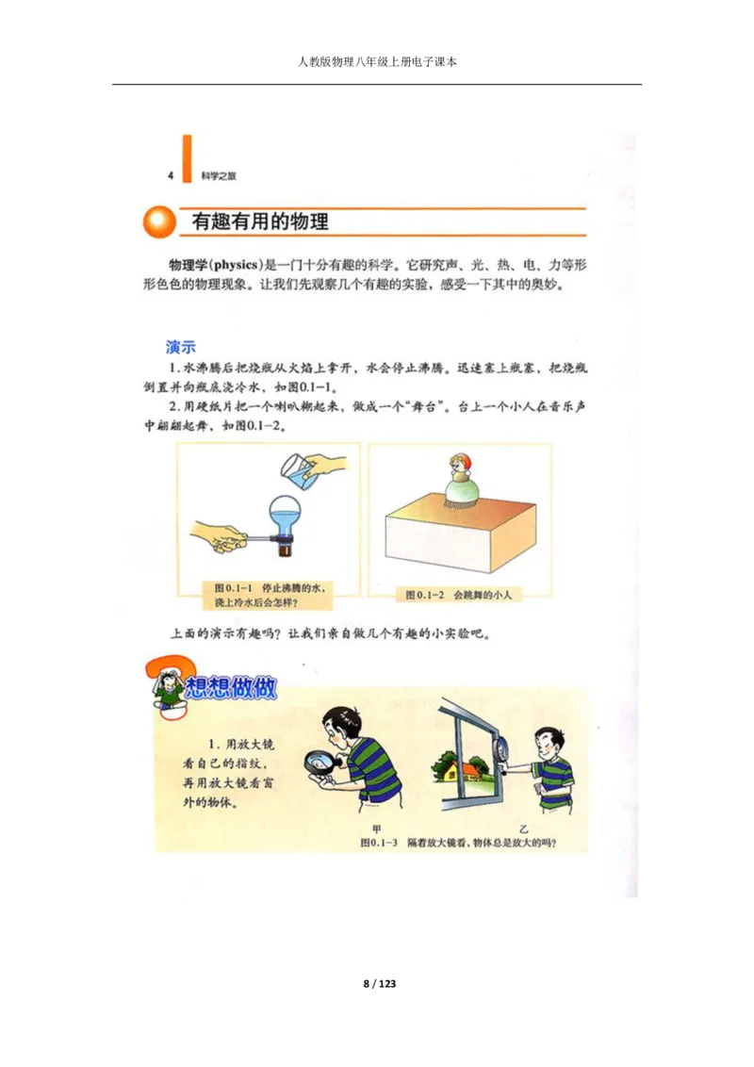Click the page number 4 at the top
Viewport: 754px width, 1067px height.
tap(171, 175)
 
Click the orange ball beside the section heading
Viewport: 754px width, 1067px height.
tap(159, 222)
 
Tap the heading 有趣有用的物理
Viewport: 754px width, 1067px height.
tap(260, 222)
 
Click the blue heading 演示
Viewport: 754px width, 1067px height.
tap(180, 347)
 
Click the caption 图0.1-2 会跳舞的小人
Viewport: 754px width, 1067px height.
tap(462, 595)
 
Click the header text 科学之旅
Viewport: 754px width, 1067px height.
tap(220, 176)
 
